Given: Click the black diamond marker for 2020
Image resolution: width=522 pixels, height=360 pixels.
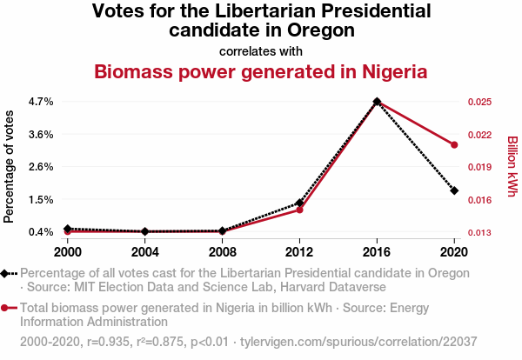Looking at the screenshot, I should click(454, 190).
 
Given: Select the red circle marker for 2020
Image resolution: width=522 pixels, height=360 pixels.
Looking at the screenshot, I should click(454, 144).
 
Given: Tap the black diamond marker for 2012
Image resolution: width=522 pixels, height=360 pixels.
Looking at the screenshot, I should click(299, 203).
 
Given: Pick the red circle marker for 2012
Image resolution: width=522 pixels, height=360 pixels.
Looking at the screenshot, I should click(299, 210).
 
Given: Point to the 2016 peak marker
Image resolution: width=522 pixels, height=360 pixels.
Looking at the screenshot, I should click(377, 102).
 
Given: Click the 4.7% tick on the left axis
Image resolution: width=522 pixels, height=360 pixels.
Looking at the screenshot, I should click(41, 102).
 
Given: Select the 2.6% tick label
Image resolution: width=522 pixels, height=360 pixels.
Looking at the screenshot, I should click(41, 167).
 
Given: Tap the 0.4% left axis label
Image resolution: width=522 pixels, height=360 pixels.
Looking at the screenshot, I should click(41, 232).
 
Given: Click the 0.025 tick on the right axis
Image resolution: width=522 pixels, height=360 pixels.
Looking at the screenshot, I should click(479, 102).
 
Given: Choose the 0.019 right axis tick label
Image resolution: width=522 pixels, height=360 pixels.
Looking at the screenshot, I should click(479, 167).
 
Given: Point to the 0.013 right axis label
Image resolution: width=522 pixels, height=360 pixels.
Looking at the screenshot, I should click(479, 232).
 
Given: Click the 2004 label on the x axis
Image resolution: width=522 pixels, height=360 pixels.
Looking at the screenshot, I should click(144, 252).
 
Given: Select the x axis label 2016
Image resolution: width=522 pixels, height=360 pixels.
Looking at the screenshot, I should click(377, 252).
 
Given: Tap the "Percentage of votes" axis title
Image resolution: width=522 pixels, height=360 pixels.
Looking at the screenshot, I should click(10, 167).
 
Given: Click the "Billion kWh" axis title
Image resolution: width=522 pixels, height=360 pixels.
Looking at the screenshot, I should click(512, 167).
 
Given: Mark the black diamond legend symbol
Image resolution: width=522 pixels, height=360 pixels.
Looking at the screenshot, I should click(7, 273).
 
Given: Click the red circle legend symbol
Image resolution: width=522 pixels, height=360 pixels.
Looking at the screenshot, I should click(7, 308).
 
